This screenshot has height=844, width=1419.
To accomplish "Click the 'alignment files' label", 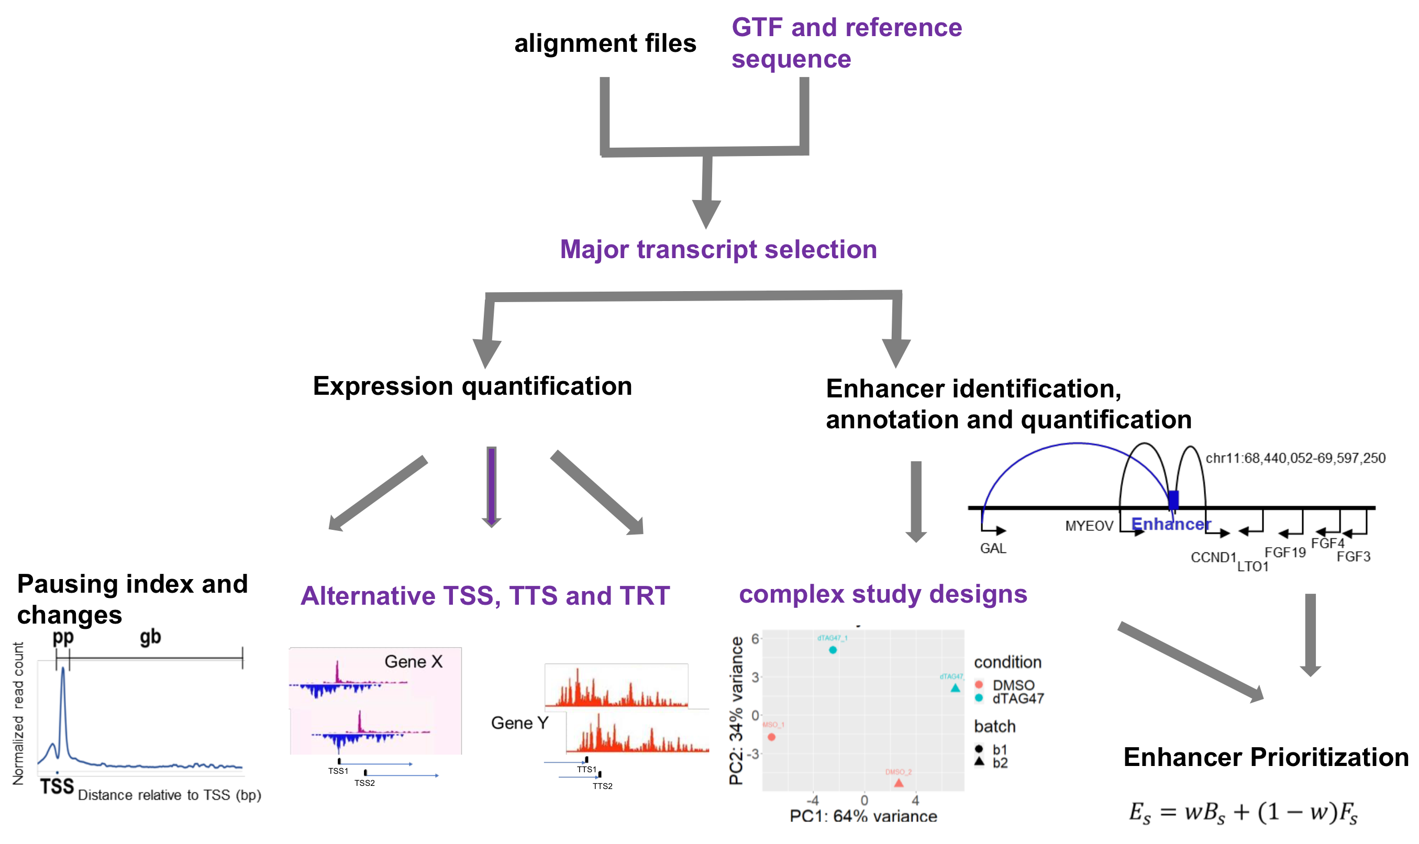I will click(x=605, y=44).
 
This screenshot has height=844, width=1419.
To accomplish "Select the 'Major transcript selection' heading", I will click(x=718, y=250).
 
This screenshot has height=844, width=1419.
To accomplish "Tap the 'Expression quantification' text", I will click(x=472, y=386).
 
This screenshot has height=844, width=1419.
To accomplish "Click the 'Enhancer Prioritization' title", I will click(x=1266, y=757).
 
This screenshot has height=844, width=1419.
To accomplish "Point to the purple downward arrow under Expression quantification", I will click(x=491, y=486).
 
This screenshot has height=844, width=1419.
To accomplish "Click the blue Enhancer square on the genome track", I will click(x=1173, y=500).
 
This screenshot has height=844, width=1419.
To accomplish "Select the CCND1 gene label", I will click(x=1213, y=558).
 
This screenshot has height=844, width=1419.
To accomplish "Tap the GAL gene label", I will click(x=992, y=548).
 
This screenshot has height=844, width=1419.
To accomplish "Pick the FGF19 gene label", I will click(x=1285, y=552).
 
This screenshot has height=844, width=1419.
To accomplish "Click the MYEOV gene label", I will click(x=1089, y=526).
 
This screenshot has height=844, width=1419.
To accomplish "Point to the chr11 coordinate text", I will click(x=1295, y=459).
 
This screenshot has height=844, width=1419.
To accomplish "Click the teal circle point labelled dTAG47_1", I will click(x=833, y=650).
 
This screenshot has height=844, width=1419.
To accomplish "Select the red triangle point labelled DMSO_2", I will click(x=899, y=783).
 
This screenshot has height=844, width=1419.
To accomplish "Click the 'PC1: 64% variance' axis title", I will click(x=863, y=816).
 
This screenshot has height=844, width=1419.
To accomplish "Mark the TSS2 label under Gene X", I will click(x=364, y=783).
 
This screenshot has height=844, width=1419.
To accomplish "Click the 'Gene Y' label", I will click(x=519, y=723).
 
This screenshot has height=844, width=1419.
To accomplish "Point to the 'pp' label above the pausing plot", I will click(x=63, y=637).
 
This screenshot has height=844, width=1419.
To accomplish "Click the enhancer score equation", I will click(x=1243, y=813).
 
